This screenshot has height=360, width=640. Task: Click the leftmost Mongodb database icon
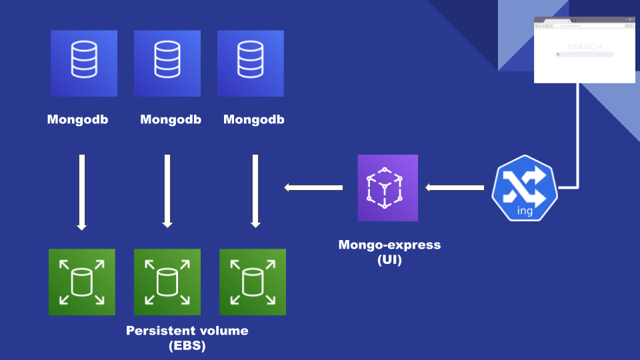[84, 63]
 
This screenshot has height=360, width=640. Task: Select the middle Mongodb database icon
[167, 63]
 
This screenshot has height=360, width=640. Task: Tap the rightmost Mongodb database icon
[251, 63]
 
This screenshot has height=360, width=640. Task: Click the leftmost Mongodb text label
[77, 120]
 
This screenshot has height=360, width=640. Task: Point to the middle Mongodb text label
[171, 120]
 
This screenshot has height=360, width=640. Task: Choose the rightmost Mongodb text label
[253, 120]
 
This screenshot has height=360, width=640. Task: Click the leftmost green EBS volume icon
[82, 282]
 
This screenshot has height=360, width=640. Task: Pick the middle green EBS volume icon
[167, 282]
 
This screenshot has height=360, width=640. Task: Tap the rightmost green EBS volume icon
[253, 282]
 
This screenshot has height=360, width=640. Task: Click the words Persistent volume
[187, 331]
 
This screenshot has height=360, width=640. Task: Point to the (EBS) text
[187, 346]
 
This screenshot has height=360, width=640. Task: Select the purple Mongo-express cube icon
[387, 188]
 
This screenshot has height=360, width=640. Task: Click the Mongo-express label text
[389, 245]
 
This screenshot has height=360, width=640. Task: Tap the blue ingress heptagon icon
[525, 189]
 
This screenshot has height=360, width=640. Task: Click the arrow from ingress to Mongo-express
[455, 188]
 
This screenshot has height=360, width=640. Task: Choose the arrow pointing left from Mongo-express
[313, 188]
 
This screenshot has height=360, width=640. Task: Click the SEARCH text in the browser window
[584, 47]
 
